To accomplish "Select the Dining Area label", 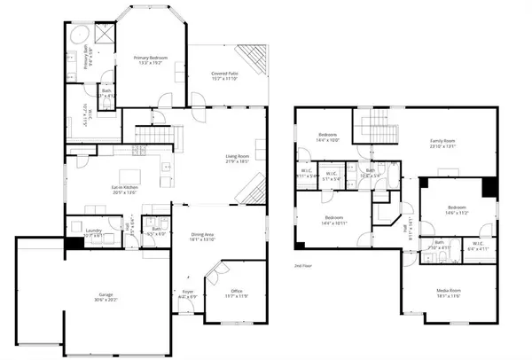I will [x=203, y=237].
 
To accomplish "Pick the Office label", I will [x=236, y=293].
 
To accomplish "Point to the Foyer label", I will [x=188, y=293].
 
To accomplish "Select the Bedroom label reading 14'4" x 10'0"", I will [x=327, y=137].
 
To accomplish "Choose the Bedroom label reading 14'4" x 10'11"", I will [x=333, y=220].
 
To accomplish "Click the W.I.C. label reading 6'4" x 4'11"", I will [x=477, y=246].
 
